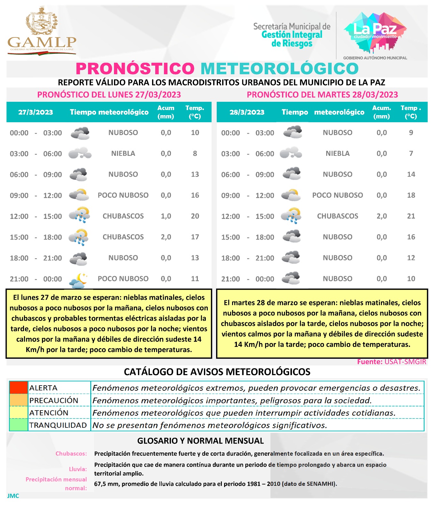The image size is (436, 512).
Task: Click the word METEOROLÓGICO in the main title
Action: (279, 68)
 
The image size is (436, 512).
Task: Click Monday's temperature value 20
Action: (195, 216)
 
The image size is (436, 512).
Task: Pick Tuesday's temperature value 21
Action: (411, 216)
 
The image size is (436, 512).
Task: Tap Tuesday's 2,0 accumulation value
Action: (382, 216)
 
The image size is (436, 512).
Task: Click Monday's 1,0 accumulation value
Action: (166, 216)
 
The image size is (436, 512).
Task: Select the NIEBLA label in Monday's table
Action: (123, 154)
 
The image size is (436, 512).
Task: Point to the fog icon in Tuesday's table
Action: (291, 153)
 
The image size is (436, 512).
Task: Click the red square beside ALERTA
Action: (18, 388)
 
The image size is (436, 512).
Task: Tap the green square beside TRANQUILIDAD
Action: (18, 425)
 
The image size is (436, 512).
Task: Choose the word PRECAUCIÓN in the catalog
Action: (54, 400)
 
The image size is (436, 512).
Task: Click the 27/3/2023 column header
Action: (36, 112)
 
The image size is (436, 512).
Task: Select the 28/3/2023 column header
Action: (247, 112)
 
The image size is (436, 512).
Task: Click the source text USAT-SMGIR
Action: (405, 362)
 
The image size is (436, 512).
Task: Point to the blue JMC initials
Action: (13, 496)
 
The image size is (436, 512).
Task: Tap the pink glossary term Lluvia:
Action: (78, 469)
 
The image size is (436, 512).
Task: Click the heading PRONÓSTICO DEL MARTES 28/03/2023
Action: (322, 95)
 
